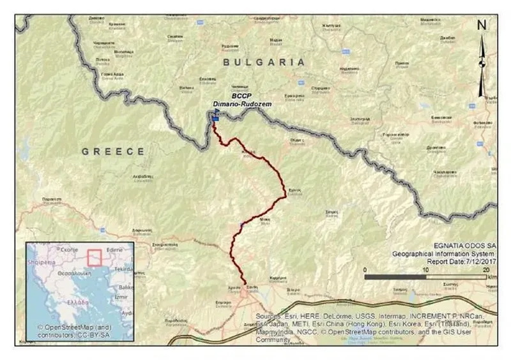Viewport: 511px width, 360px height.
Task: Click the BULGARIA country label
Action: click(263, 62)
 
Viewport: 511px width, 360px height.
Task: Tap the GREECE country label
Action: click(114, 151)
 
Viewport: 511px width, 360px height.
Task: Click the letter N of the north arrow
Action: click(482, 26)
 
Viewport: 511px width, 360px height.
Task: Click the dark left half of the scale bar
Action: click(395, 278)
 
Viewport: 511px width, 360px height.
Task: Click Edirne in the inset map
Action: click(115, 251)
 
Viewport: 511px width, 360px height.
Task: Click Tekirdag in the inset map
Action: click(124, 269)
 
